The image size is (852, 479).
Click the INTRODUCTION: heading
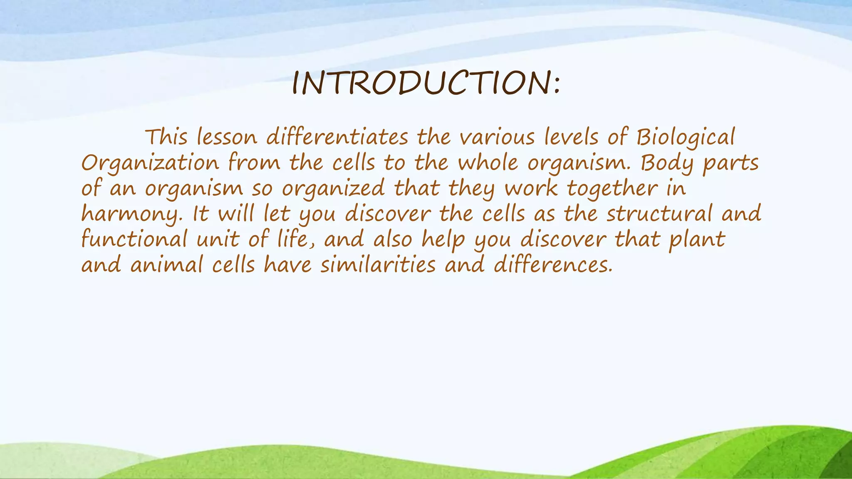pyautogui.click(x=426, y=83)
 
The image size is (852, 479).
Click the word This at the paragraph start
pyautogui.click(x=166, y=137)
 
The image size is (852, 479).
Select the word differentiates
pyautogui.click(x=337, y=137)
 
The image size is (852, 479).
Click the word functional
pyautogui.click(x=134, y=240)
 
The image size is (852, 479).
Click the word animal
pyautogui.click(x=166, y=265)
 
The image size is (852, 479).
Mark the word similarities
pyautogui.click(x=378, y=265)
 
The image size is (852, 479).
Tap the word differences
pyautogui.click(x=553, y=265)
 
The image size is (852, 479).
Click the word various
pyautogui.click(x=497, y=137)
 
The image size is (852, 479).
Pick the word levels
pyautogui.click(x=571, y=137)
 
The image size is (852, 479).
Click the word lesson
pyautogui.click(x=227, y=137)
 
